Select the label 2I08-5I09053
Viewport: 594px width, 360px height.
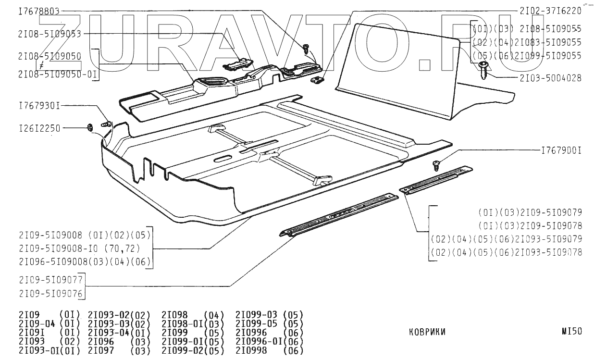point(49,34)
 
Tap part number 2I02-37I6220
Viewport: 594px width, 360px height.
point(550,11)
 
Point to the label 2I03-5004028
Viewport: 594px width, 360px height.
point(550,78)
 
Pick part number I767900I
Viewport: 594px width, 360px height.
point(561,150)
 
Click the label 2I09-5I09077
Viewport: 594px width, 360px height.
point(50,279)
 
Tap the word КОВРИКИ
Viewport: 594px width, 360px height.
point(427,332)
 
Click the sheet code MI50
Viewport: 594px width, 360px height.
point(571,331)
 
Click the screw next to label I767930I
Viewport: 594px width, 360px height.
point(107,124)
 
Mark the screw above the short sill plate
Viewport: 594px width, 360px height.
point(437,165)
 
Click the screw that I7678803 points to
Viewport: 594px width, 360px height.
point(306,48)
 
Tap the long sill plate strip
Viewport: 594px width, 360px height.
point(339,215)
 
